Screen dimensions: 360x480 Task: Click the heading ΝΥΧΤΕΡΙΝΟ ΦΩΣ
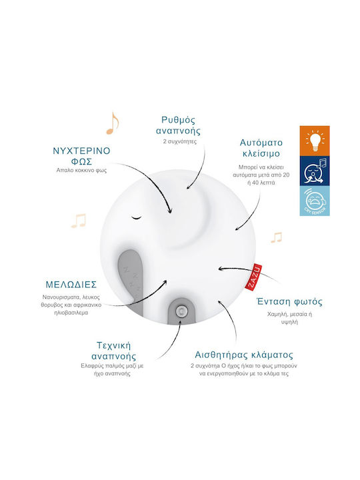click(x=81, y=156)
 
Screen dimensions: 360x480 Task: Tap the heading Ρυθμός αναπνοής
click(x=178, y=125)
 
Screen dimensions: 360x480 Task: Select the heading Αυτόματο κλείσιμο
click(x=261, y=148)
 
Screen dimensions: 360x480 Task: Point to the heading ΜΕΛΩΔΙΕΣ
click(x=71, y=285)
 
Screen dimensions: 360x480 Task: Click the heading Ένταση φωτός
click(x=289, y=302)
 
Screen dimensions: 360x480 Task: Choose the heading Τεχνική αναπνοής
click(x=114, y=351)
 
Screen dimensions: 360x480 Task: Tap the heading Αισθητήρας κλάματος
click(x=244, y=355)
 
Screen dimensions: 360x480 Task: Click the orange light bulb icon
click(x=315, y=141)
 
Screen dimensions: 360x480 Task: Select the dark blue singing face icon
click(x=315, y=171)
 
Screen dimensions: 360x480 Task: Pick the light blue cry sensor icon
click(x=315, y=201)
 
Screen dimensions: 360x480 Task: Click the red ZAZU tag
click(x=254, y=277)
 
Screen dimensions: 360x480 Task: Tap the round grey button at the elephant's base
click(x=181, y=311)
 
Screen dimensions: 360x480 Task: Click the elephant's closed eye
click(x=137, y=217)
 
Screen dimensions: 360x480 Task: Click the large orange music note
click(x=113, y=123)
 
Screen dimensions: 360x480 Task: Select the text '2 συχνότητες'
click(x=180, y=142)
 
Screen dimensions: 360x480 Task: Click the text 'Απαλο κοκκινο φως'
click(x=81, y=171)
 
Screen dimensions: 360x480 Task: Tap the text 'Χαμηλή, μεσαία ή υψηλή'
click(x=289, y=318)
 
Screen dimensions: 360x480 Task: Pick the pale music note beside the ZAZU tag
click(x=276, y=237)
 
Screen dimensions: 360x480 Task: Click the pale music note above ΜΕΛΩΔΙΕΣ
click(x=79, y=221)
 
